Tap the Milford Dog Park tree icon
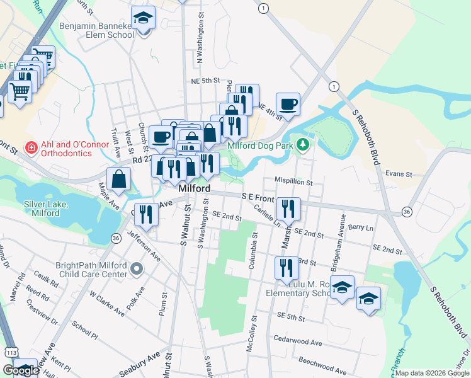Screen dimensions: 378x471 (304, 146)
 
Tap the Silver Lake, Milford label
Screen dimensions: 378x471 (46, 209)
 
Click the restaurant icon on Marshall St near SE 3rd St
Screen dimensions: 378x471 (287, 266)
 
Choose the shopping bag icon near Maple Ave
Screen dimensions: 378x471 (119, 179)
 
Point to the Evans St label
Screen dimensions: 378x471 (398, 174)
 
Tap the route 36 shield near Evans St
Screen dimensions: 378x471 (407, 211)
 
